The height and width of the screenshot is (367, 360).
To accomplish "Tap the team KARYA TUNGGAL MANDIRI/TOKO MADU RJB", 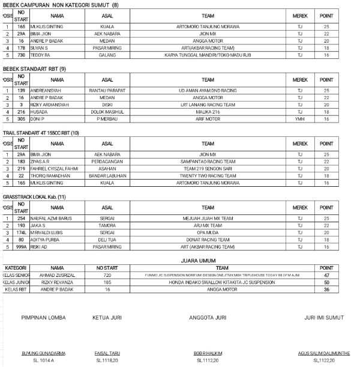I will tap(208, 55).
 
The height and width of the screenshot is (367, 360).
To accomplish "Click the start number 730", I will tap(21, 55).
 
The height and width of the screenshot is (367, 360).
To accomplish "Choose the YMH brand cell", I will tap(300, 118).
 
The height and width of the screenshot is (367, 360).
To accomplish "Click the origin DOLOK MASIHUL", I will tap(107, 112).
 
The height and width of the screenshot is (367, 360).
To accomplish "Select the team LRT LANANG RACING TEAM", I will tap(208, 105).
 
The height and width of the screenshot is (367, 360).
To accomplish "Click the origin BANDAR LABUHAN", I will tap(107, 175).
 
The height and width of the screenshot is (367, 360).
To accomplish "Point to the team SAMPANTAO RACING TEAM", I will tap(208, 162).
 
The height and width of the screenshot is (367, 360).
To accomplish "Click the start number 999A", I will tap(21, 246).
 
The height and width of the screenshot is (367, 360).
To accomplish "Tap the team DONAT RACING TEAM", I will tap(208, 239).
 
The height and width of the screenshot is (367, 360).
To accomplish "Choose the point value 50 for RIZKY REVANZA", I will tap(326, 282).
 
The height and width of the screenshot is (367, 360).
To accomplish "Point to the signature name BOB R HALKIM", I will tap(208, 353).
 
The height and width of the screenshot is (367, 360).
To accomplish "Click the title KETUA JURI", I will tap(107, 318).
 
